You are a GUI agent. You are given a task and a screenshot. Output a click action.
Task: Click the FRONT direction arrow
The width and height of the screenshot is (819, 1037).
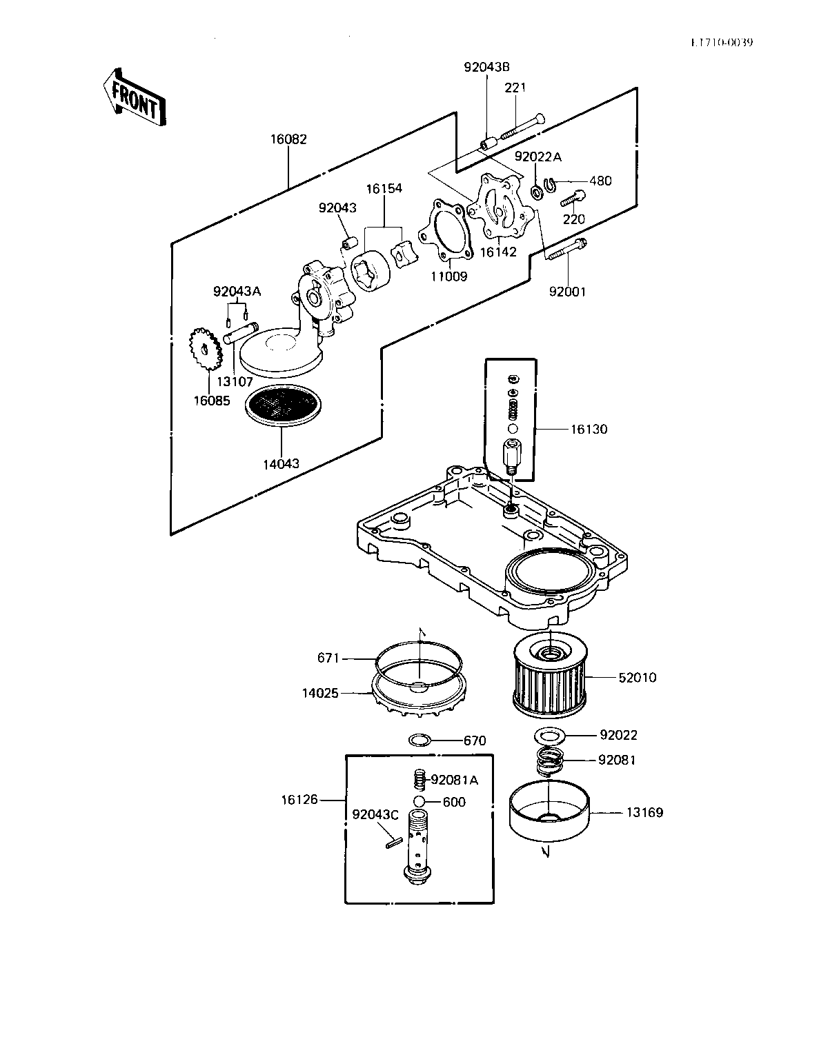coord(135,99)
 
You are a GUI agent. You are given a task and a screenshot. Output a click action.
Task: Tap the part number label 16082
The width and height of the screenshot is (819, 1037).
coord(288,139)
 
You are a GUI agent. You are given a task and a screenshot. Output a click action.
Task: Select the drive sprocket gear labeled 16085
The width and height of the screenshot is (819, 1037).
coord(206,350)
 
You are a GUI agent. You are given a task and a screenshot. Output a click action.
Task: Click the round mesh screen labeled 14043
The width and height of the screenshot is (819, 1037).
coord(283,405)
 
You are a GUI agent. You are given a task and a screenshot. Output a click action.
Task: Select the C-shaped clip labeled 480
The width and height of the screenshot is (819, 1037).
coord(548,183)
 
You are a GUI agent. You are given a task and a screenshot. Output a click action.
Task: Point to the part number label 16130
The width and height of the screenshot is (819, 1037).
coord(589,430)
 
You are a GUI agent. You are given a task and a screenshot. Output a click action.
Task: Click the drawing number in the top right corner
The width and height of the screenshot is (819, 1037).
coord(722,43)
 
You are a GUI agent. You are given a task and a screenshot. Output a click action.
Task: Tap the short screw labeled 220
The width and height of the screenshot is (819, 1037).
coord(573,199)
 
